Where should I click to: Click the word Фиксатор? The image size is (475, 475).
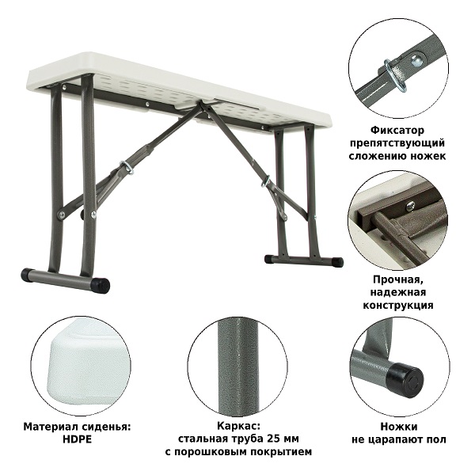pyautogui.click(x=397, y=131)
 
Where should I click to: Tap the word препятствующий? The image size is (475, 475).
pyautogui.click(x=397, y=143)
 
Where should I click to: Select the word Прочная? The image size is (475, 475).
pyautogui.click(x=398, y=279)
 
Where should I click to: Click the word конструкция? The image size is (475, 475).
pyautogui.click(x=398, y=305)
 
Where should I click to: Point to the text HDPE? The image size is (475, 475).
pyautogui.click(x=77, y=439)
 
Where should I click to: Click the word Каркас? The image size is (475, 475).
pyautogui.click(x=238, y=426)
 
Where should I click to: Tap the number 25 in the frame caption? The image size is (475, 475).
pyautogui.click(x=274, y=439)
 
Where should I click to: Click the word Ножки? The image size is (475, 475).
pyautogui.click(x=399, y=427)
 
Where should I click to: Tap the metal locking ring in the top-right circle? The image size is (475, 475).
pyautogui.click(x=396, y=74)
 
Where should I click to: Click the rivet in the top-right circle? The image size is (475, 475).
pyautogui.click(x=418, y=60)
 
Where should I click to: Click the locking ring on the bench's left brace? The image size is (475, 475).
pyautogui.click(x=127, y=168)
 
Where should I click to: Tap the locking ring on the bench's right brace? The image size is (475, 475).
pyautogui.click(x=266, y=181)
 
